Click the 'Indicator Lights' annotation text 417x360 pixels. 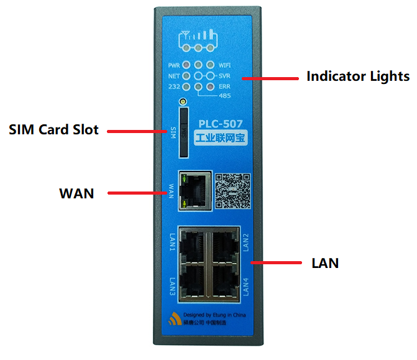coord(357,76)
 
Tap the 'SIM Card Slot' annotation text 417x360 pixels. coord(53,131)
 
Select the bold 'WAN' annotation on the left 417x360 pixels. coord(76,193)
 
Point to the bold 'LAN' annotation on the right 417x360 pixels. coord(324,263)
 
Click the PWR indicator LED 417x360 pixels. coord(186,65)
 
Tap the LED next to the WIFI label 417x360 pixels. coord(211,65)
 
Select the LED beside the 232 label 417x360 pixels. coord(186,86)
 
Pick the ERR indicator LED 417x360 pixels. coord(211,86)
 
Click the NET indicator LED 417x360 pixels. coord(186,75)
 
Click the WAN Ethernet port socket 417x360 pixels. coord(193,189)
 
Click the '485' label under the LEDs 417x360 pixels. coord(226,96)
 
